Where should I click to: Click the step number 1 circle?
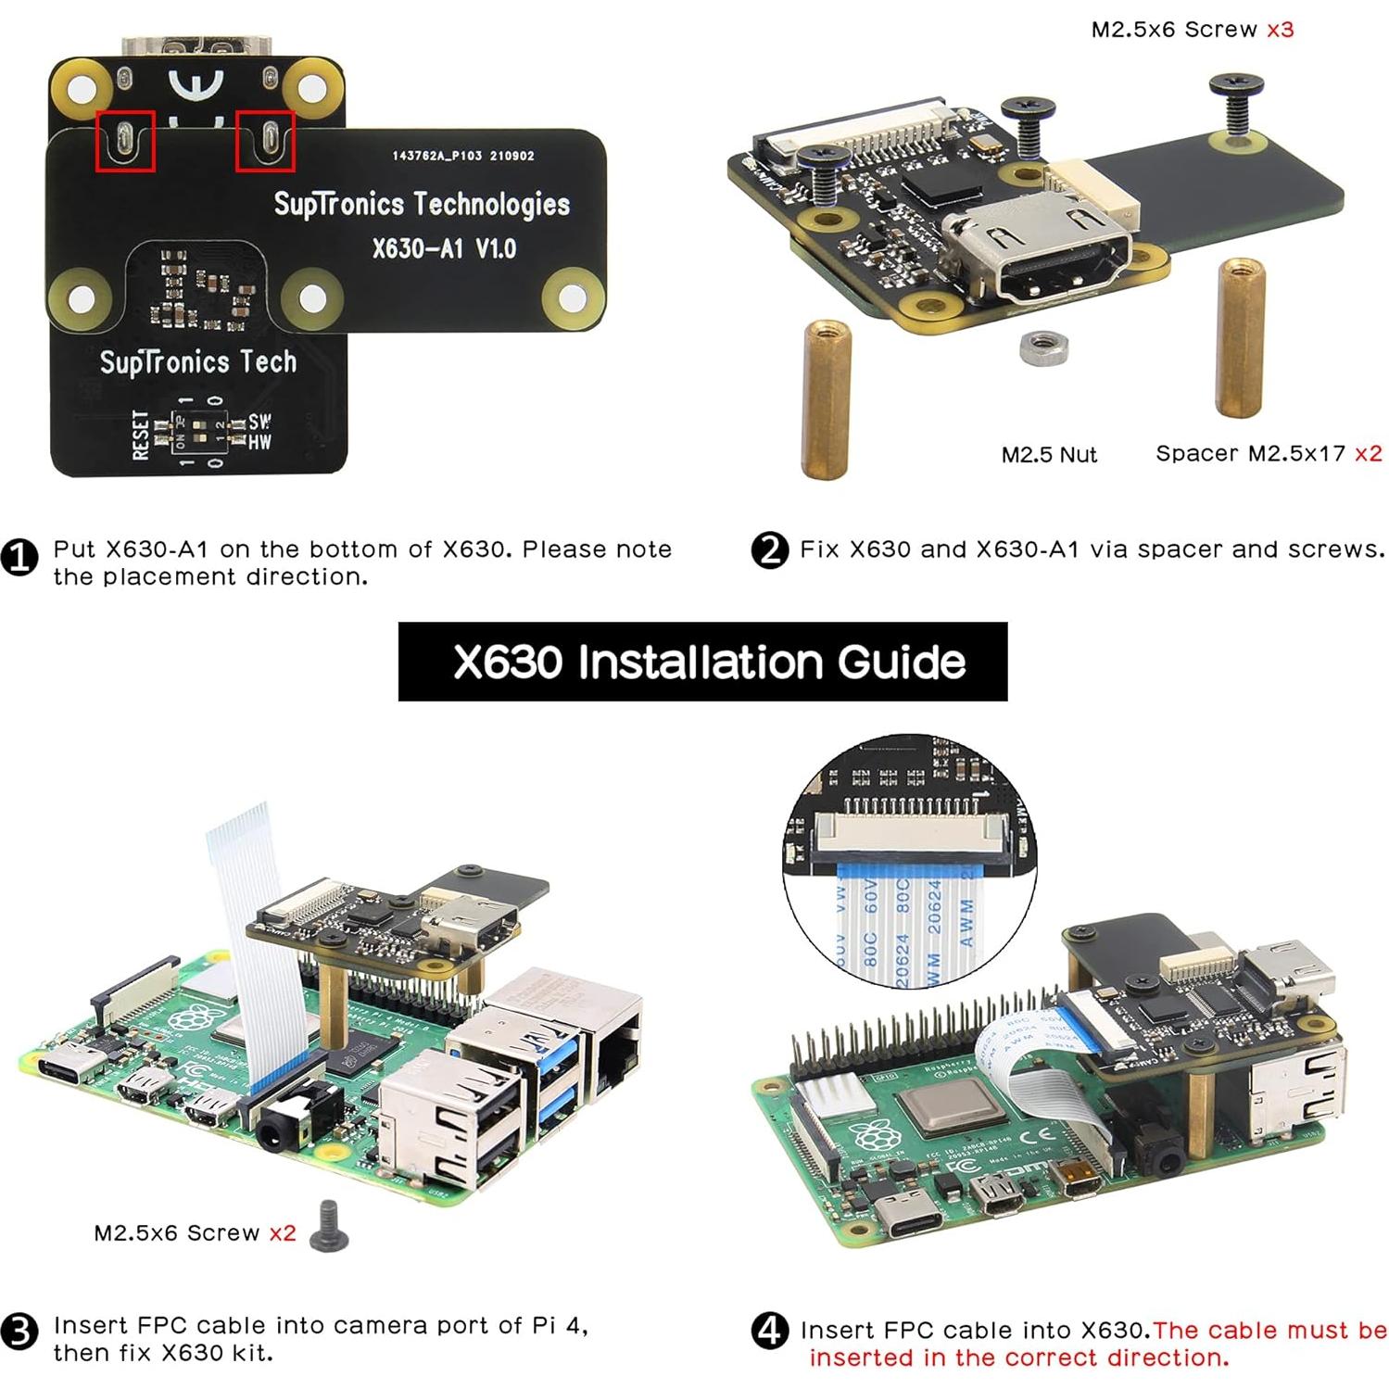19,558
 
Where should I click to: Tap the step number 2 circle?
769,550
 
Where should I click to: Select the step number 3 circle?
19,1332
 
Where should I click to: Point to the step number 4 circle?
769,1332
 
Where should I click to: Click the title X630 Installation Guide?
702,662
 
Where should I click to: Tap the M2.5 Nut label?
1048,455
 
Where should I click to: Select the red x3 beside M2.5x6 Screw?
1280,30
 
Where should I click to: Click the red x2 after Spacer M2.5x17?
1368,453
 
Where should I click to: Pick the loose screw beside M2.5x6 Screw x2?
329,1225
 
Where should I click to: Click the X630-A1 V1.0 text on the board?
444,248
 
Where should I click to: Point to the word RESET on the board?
141,435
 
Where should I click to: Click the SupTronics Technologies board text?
422,204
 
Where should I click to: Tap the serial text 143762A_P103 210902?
462,156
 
